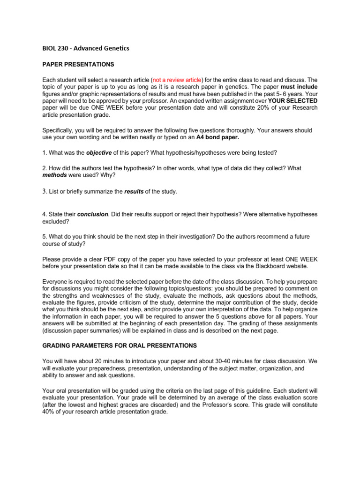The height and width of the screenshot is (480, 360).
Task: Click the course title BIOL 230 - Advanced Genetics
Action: (85, 48)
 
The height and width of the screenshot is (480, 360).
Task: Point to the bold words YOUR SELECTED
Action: (292, 101)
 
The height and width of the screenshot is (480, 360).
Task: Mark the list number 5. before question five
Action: (45, 237)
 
